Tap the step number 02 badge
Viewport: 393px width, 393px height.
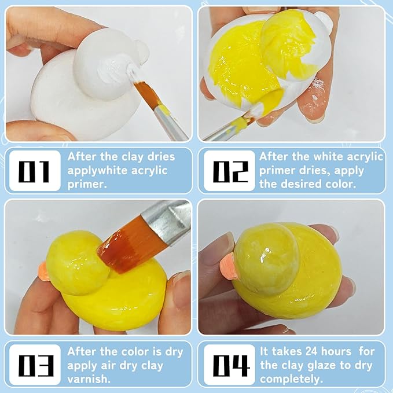229,171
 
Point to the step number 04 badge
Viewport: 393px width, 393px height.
229,365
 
